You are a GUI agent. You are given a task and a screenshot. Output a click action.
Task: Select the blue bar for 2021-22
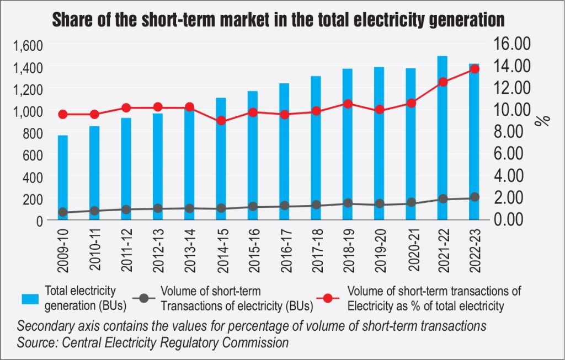coord(442,138)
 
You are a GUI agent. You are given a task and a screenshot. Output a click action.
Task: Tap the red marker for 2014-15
coord(221,121)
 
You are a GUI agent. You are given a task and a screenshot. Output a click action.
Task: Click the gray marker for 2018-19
coord(348,203)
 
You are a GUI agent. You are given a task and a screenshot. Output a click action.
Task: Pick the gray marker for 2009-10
coord(63,212)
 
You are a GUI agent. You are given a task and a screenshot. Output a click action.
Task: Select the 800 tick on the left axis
coord(34,132)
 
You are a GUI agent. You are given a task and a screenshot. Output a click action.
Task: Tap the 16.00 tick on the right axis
coord(514,44)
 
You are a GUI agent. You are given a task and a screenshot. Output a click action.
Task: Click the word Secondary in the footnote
coord(45,326)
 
